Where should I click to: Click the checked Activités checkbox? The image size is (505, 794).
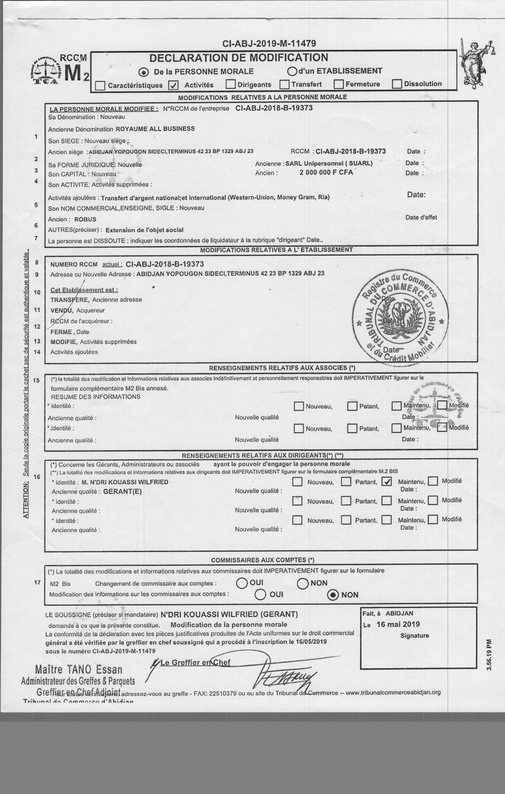(x=173, y=85)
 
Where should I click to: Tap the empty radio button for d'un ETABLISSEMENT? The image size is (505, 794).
(x=292, y=71)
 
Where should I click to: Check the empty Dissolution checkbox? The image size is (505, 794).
(x=397, y=84)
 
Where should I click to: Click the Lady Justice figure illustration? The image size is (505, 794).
(x=475, y=63)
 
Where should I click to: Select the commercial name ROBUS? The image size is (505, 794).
(x=85, y=219)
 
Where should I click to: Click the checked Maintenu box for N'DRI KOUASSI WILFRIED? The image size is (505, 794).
(x=387, y=482)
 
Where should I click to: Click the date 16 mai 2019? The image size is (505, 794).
(x=398, y=624)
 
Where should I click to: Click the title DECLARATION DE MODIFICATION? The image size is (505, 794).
(x=239, y=58)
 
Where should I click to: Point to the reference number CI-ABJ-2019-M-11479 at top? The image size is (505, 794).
(x=269, y=43)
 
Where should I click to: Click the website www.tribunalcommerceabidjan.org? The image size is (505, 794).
(x=393, y=693)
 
